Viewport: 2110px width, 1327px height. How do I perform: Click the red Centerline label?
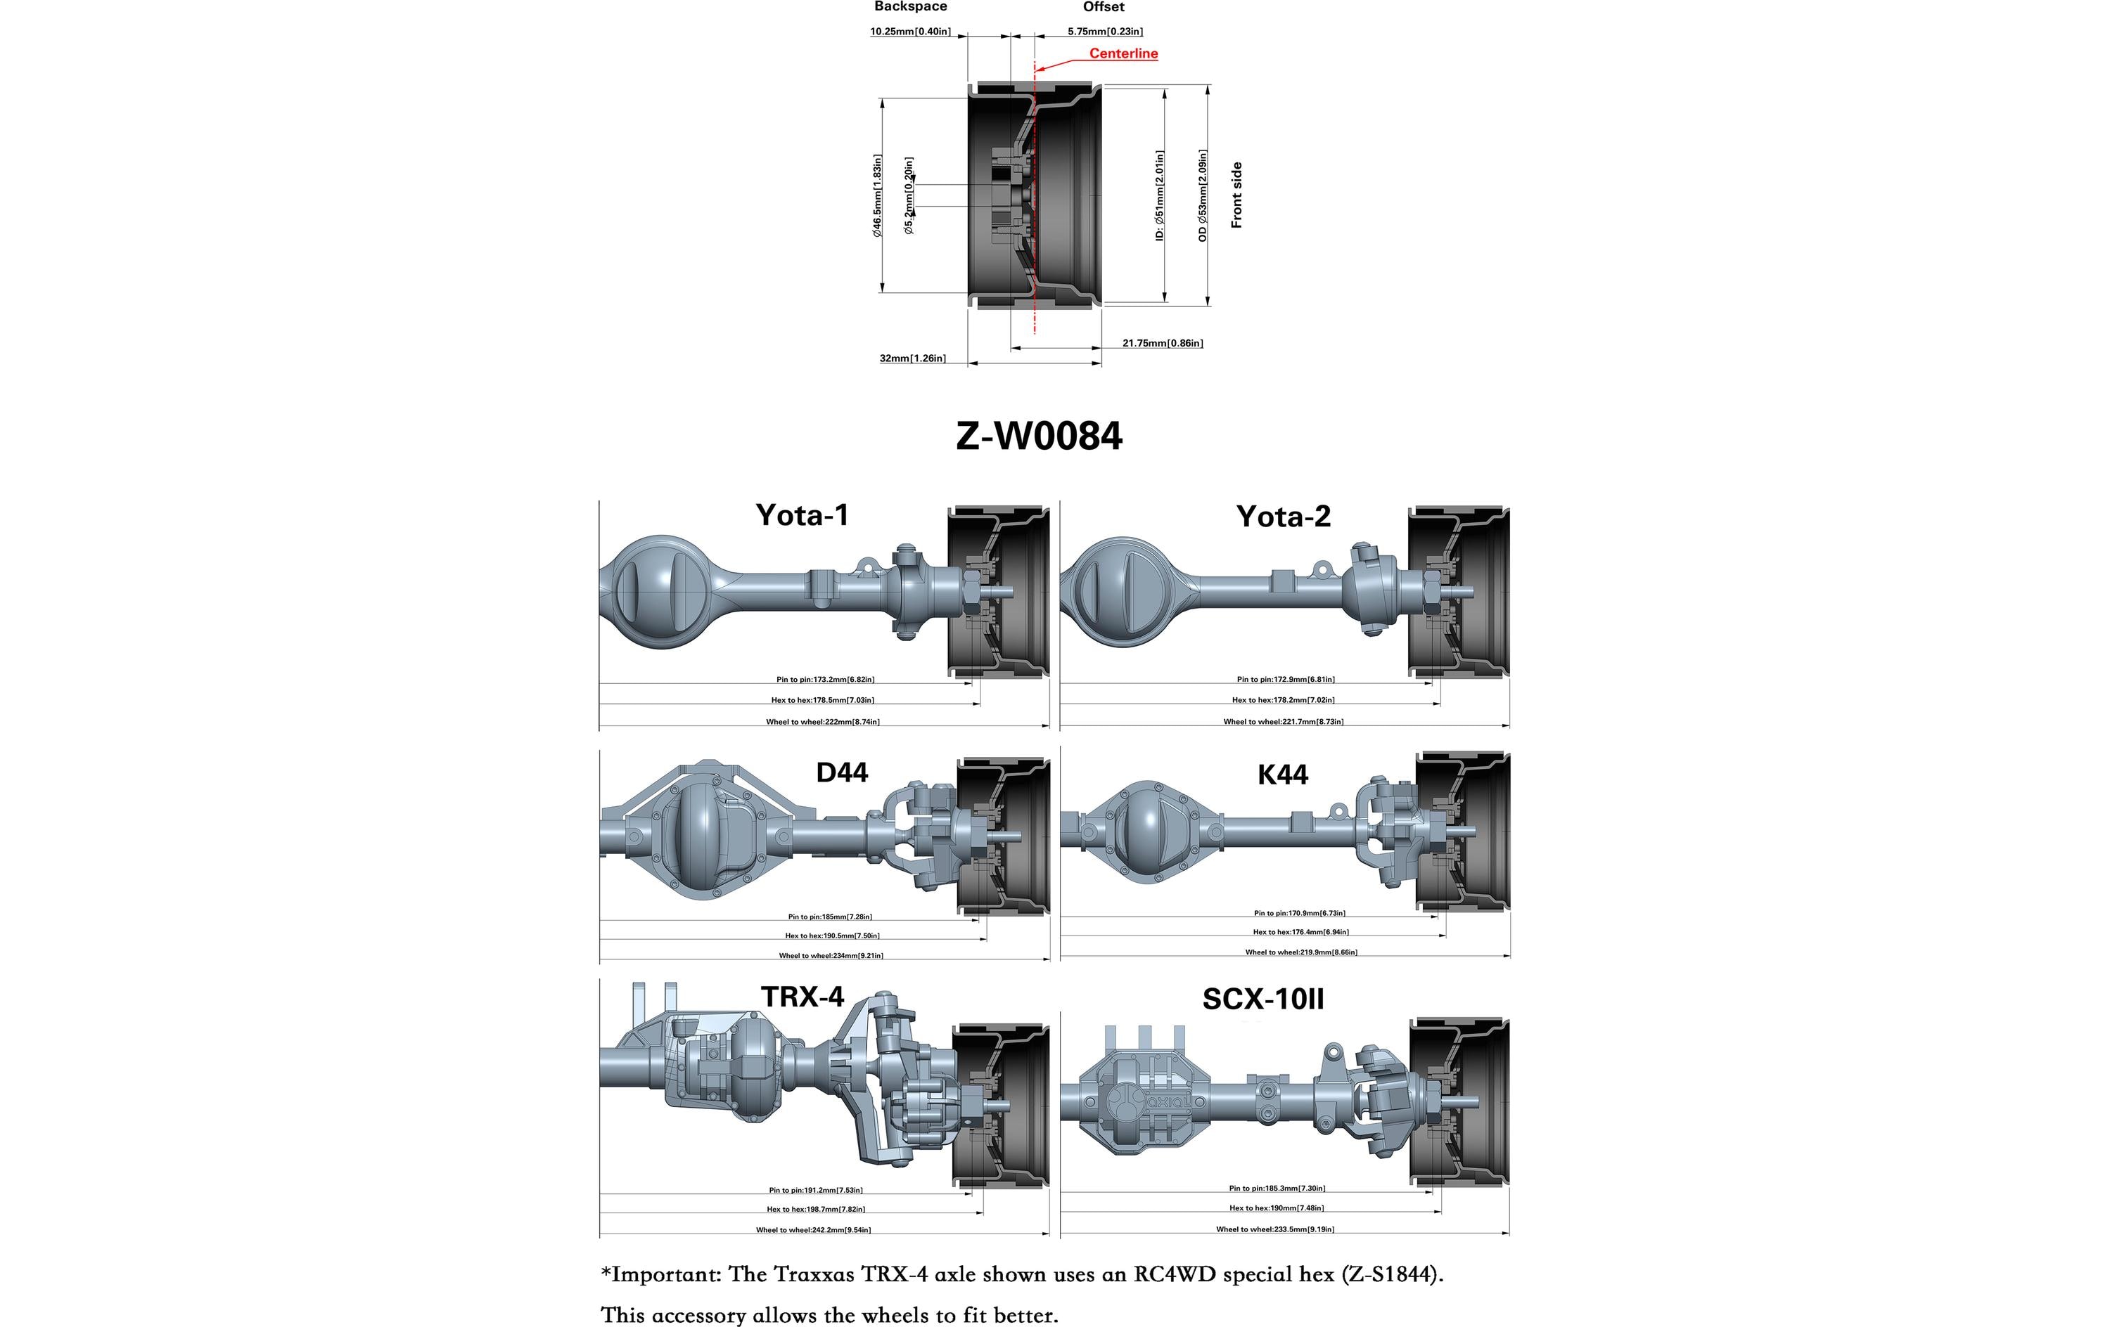1123,53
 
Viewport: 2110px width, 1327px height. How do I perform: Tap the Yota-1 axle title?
802,515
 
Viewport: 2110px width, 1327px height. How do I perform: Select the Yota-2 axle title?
1283,517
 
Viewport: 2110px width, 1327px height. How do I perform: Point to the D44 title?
841,772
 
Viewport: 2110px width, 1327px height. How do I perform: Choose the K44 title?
1282,775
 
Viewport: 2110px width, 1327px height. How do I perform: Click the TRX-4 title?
802,997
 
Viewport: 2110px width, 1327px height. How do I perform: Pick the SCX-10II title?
1262,999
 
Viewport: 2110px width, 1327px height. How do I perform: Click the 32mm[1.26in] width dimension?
912,358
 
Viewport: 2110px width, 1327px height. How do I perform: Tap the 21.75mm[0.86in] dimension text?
1162,344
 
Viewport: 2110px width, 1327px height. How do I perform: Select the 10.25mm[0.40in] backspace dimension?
909,32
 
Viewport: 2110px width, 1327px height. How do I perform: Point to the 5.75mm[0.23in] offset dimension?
1104,32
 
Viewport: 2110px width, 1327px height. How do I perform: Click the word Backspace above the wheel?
909,7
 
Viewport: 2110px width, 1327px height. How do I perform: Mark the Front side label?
1236,195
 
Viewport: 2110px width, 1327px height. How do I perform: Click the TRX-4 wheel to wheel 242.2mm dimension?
813,1230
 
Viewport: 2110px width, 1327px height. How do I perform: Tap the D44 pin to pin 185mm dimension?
829,917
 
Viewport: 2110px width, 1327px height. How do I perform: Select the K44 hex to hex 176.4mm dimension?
1300,932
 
